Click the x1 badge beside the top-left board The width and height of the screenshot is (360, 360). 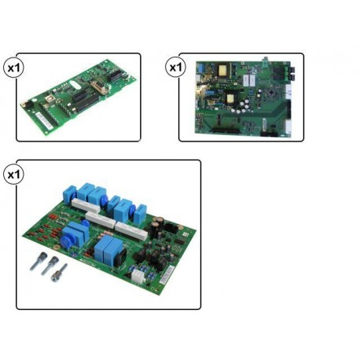pos(13,68)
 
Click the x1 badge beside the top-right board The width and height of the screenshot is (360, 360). pos(175,67)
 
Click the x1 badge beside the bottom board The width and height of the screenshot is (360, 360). pos(13,174)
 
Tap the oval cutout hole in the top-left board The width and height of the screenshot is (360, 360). pos(75,84)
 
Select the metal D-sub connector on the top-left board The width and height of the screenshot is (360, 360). pos(99,86)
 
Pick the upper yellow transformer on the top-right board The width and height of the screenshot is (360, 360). pos(222,70)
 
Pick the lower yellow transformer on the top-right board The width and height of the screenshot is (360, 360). pos(230,98)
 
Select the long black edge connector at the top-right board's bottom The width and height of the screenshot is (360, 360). pos(226,130)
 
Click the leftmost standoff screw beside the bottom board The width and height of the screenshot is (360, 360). pos(39,261)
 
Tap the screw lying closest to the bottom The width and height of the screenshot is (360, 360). pos(59,273)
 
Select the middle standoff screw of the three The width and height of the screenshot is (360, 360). pos(50,266)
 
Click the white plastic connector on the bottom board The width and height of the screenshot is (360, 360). pos(138,276)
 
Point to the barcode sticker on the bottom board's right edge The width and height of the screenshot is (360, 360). pos(167,274)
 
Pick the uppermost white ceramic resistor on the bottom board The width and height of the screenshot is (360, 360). pos(86,205)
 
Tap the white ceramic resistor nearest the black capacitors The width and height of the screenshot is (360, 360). pos(132,230)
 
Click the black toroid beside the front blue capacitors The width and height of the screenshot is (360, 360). pos(122,256)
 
